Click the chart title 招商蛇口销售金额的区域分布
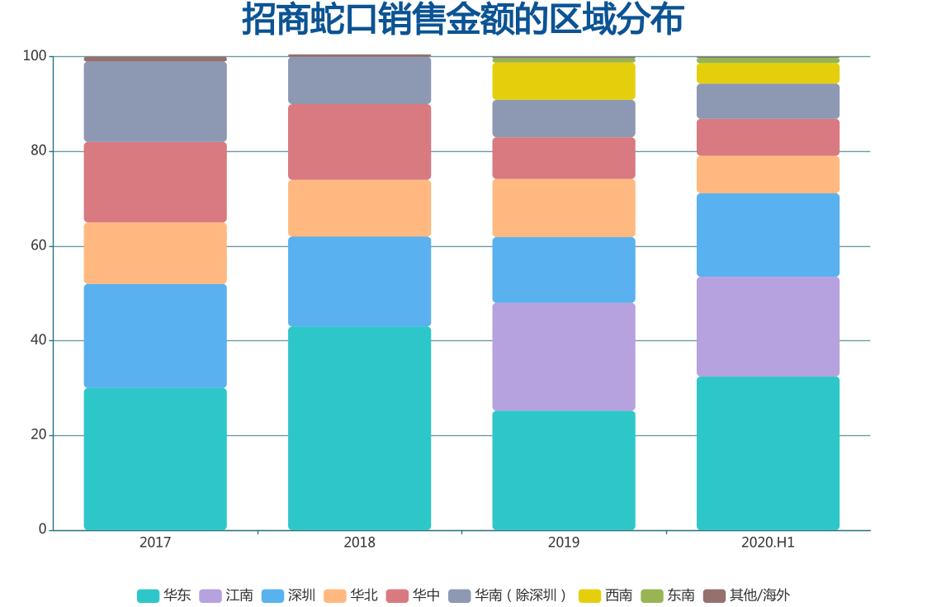point(462,20)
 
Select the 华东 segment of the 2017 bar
point(155,458)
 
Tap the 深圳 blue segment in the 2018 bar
point(359,281)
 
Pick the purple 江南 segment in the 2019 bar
point(564,357)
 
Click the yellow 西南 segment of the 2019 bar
point(564,81)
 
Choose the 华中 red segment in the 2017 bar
point(155,182)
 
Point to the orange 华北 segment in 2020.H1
point(768,174)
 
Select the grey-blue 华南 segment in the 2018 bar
point(359,80)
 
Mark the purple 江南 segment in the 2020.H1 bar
point(768,326)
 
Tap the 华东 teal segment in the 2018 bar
point(359,428)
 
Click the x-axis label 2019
point(564,543)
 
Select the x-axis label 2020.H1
point(768,543)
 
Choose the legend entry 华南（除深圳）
point(508,595)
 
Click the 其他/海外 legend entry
point(746,595)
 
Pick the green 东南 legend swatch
point(652,595)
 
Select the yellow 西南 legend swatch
point(589,595)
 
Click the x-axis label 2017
point(155,543)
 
